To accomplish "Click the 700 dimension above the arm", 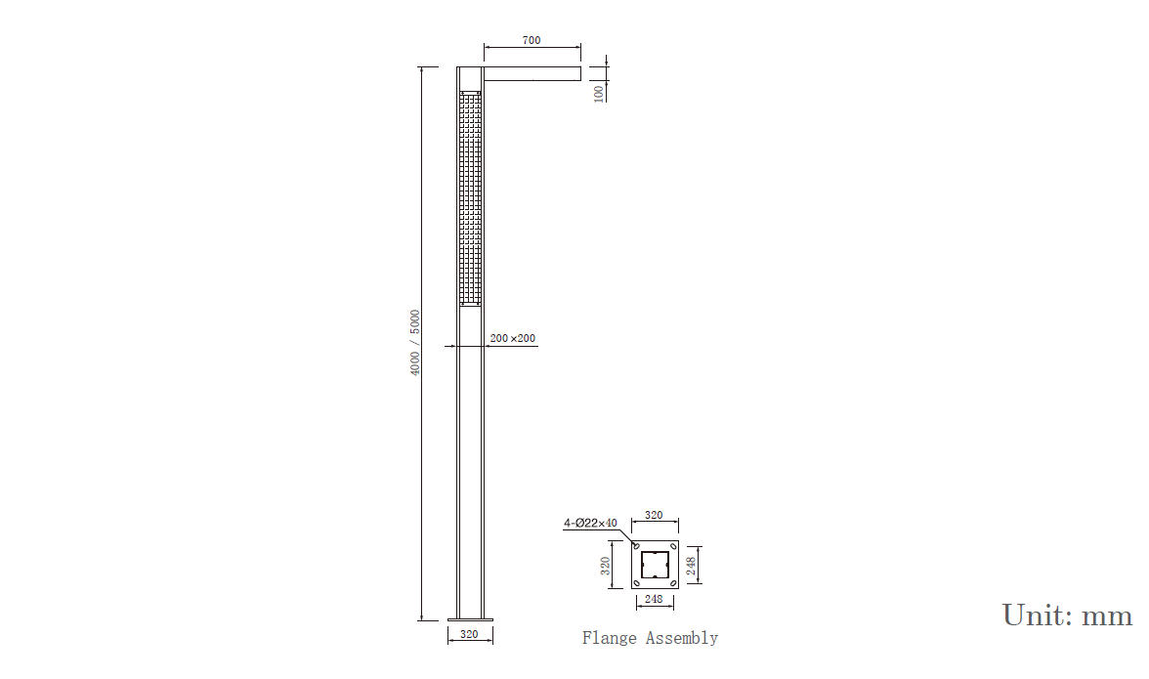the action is point(532,40).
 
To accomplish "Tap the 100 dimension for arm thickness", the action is point(599,94).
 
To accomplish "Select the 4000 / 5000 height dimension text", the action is point(415,343).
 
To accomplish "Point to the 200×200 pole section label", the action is point(512,338).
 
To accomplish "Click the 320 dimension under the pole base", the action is point(469,634).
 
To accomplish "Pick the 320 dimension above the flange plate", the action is point(654,515).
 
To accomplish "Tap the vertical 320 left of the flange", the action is point(606,565).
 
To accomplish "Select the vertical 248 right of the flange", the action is point(690,566).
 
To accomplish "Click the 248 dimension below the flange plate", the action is point(654,599).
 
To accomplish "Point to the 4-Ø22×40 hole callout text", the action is point(590,523).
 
